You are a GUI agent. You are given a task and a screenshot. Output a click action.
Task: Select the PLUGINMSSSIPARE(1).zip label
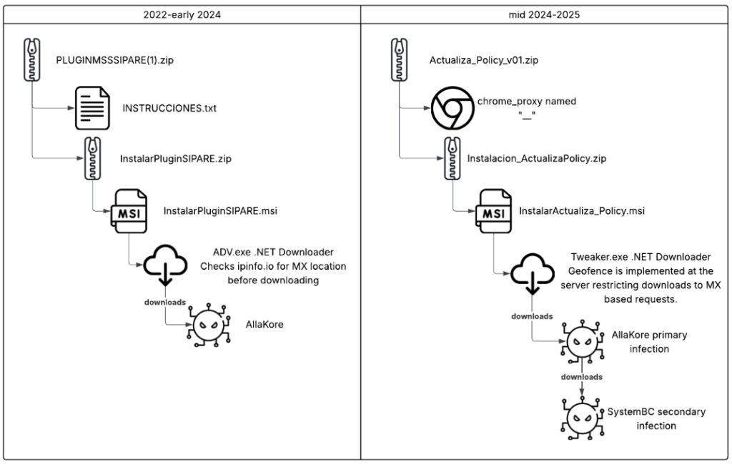(x=115, y=60)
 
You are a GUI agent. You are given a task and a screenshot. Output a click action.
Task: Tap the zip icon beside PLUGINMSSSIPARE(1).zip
(x=33, y=60)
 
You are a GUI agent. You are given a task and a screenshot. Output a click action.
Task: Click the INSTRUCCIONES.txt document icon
(x=93, y=109)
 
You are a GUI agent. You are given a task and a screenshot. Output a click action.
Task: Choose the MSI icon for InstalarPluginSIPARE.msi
(x=128, y=212)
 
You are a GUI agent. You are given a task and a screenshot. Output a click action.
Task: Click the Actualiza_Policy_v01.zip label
(x=484, y=60)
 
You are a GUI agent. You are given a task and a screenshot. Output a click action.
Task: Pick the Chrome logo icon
(x=452, y=109)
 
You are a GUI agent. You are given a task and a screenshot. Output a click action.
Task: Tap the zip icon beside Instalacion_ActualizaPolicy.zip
(x=451, y=158)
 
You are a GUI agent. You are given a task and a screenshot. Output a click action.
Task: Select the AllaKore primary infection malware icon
(x=583, y=342)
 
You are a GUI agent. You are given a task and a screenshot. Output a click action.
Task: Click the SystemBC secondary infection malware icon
(x=583, y=418)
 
